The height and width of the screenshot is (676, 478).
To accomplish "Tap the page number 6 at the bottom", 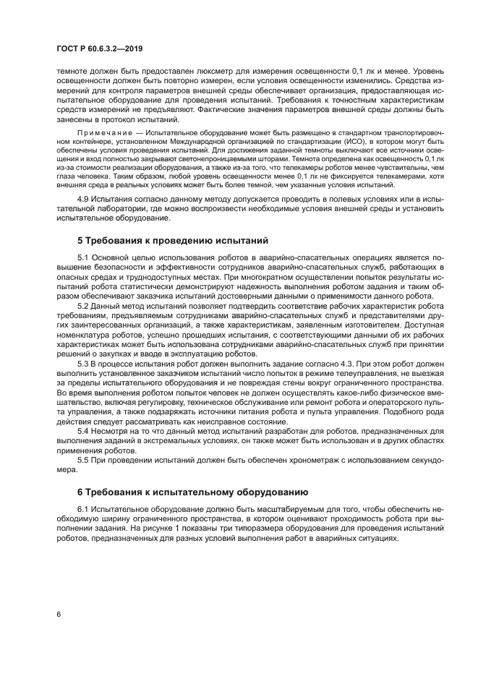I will pos(58,614).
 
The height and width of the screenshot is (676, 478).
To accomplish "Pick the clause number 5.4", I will pos(83,431).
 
